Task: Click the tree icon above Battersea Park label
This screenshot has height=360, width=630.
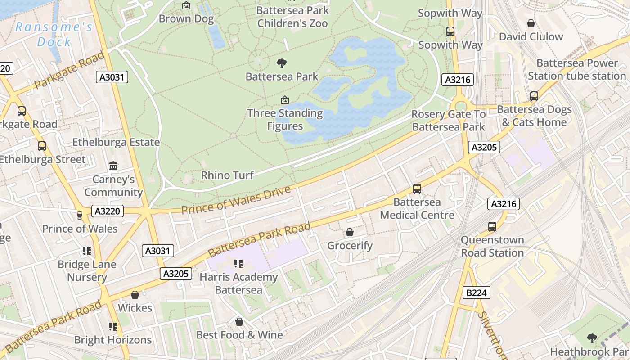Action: coord(282,63)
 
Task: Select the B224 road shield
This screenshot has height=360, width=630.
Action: coord(476,293)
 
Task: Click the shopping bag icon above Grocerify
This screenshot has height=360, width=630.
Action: coord(350,233)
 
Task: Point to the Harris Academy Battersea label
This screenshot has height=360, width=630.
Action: coord(238,283)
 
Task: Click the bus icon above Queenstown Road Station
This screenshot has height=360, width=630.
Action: coord(492,227)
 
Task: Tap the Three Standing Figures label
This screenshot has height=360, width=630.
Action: coord(285,120)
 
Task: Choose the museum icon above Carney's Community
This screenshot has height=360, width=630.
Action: coord(113,166)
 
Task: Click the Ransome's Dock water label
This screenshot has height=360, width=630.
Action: coord(54,35)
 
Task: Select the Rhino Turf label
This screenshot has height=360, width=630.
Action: coord(227,175)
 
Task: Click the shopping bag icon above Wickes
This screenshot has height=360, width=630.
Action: coord(135,295)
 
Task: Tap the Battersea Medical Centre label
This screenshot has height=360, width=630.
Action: coord(417,209)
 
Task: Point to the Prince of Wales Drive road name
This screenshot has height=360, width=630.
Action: coord(236,200)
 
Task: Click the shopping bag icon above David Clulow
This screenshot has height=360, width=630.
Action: coord(531,24)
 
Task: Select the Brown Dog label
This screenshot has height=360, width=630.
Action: coord(186,19)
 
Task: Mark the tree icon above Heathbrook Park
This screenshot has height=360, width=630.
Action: coord(592,338)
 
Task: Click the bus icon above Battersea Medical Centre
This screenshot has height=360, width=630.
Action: coord(417,189)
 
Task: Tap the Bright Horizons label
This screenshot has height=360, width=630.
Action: coord(113,340)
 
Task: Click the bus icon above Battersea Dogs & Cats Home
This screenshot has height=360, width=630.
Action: coord(534,96)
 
